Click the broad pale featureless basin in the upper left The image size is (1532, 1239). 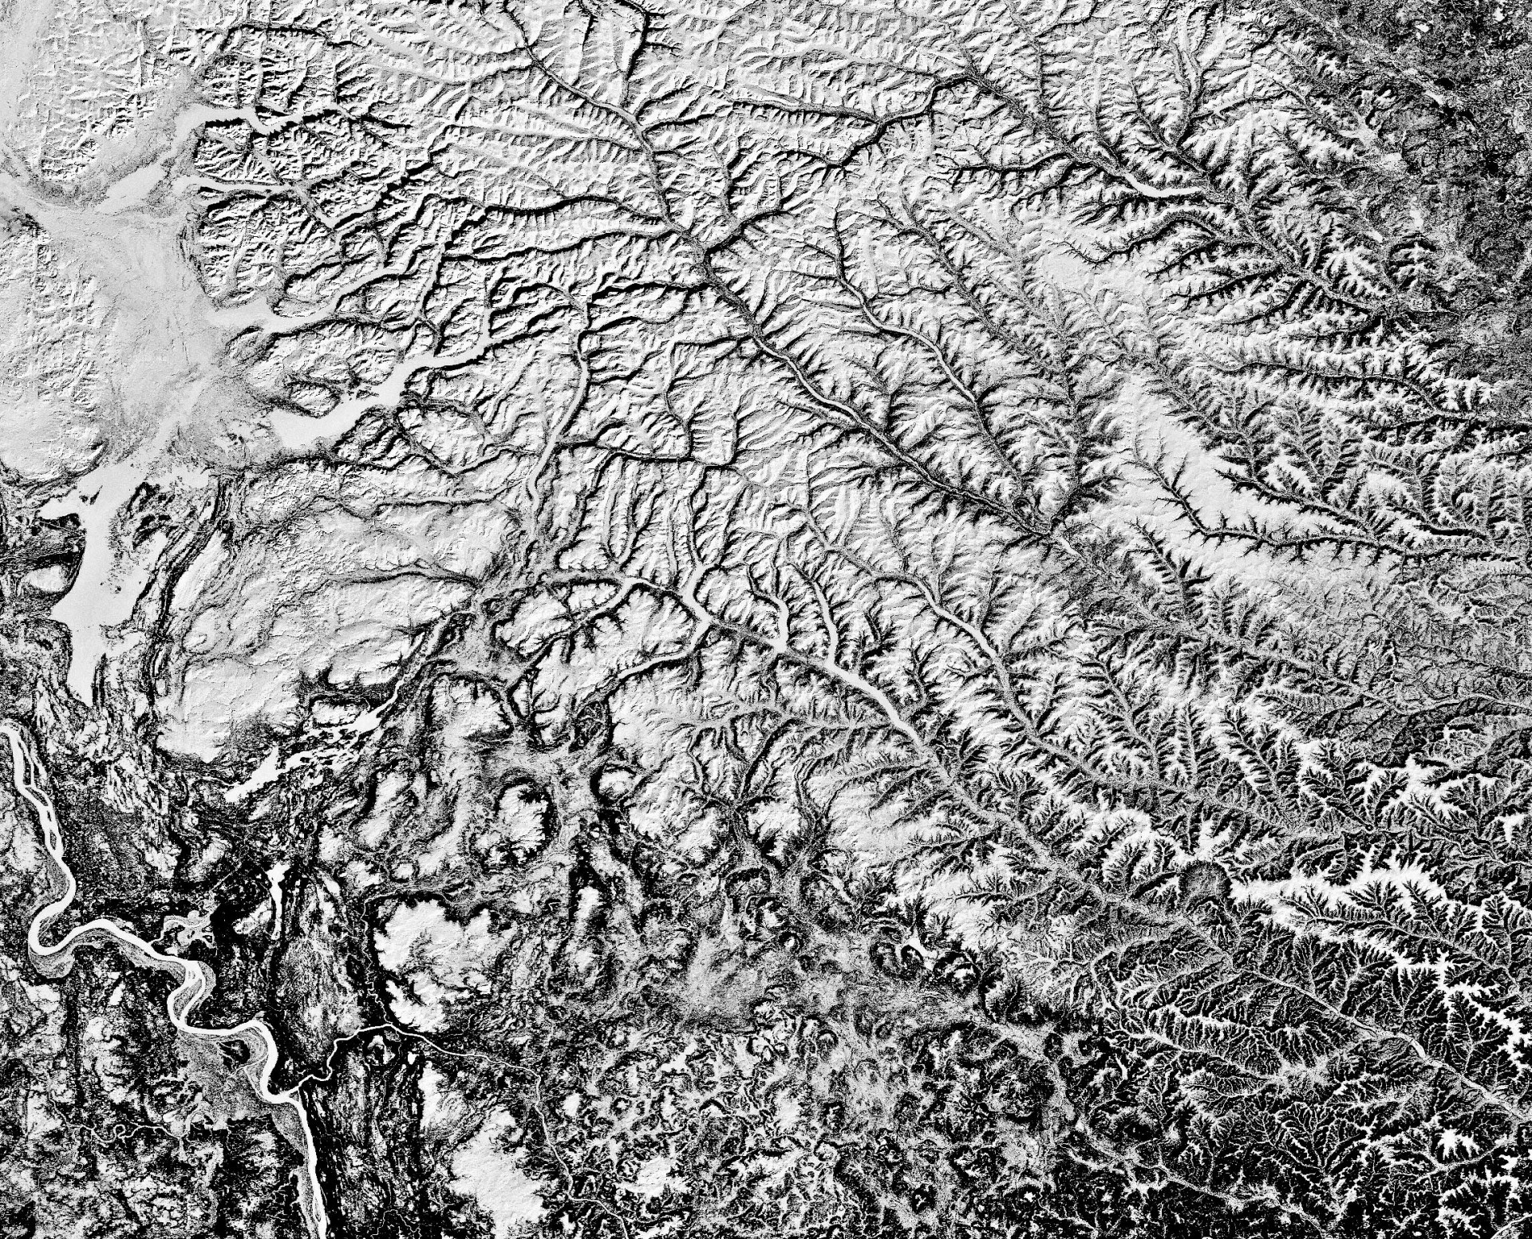click(120, 279)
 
